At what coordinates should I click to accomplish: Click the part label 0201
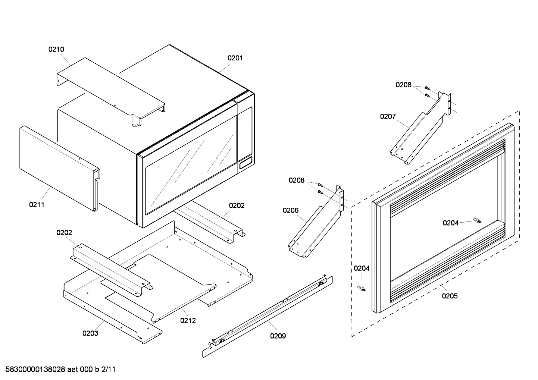tap(235, 58)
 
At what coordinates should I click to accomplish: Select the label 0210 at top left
tap(56, 49)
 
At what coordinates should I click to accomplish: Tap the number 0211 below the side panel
tap(37, 204)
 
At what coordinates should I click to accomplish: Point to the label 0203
tap(90, 333)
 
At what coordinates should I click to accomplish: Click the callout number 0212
tap(188, 320)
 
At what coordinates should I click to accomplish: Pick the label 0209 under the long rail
tap(278, 336)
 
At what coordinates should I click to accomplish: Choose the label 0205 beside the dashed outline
tap(450, 296)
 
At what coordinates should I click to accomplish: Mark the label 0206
tap(291, 210)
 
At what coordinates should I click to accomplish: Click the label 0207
tap(388, 116)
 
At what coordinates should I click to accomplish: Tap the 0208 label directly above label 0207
tap(404, 85)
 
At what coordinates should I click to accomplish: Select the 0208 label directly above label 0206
tap(297, 180)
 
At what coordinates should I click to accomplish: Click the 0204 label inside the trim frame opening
tap(451, 223)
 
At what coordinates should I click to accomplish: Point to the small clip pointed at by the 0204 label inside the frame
tap(476, 220)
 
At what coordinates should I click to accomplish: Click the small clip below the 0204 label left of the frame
tap(361, 288)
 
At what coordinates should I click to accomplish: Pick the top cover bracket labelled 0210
tap(112, 89)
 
